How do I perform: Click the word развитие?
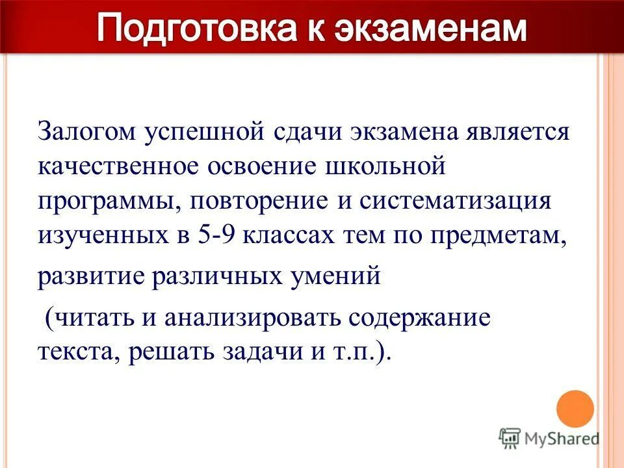[90, 275]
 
